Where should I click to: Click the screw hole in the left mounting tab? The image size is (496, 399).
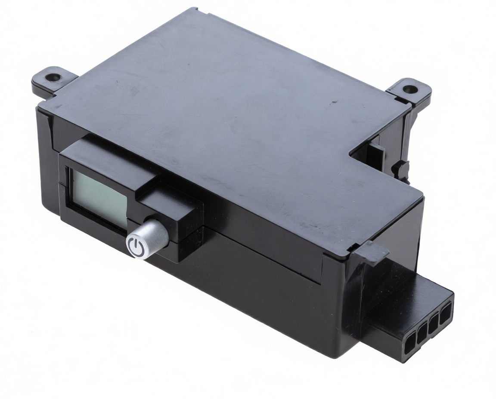[53, 78]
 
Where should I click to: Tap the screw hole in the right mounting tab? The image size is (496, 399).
[410, 90]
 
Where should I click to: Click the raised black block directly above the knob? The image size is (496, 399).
[168, 202]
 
